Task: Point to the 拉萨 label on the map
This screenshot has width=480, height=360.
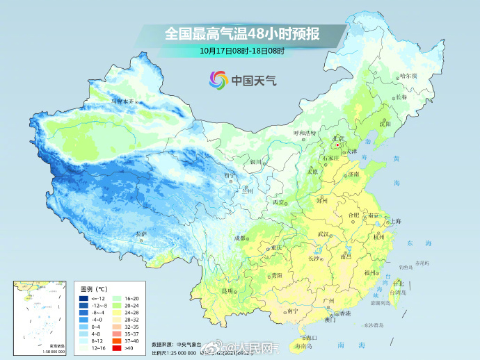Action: click(x=141, y=234)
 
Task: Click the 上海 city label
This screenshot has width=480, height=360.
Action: click(x=394, y=221)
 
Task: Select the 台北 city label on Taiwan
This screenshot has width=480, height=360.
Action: click(x=398, y=284)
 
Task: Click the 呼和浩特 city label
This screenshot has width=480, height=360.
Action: click(x=304, y=132)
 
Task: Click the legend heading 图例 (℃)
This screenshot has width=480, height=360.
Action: click(x=93, y=288)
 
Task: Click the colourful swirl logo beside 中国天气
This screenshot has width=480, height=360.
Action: click(x=218, y=80)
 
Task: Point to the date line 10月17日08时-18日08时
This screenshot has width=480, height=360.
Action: click(x=241, y=51)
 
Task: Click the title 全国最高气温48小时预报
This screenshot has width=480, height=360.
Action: click(x=241, y=33)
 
